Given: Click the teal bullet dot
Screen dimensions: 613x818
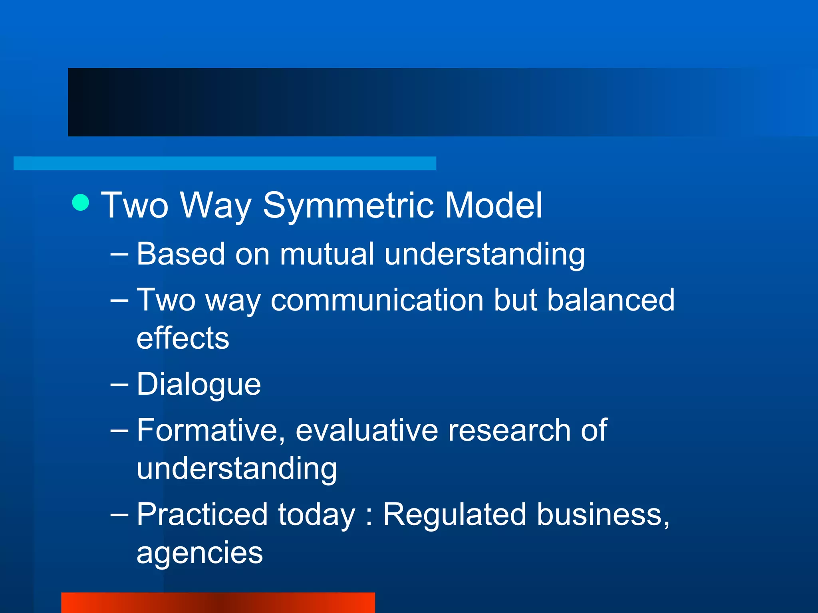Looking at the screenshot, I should click(81, 202).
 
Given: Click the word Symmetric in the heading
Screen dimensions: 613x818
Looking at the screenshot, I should click(348, 206).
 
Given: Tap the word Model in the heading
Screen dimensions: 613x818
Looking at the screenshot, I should click(493, 205).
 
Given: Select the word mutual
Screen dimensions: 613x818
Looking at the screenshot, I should click(327, 254).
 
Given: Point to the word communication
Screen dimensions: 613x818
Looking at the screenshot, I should click(377, 300).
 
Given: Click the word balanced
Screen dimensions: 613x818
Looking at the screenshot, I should click(611, 300).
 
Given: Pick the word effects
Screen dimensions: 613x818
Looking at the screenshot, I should click(183, 338).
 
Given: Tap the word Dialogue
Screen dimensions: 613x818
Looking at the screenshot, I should click(199, 384).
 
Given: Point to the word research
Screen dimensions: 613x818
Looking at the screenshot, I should click(509, 431).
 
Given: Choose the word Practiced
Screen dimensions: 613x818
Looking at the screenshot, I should click(202, 514).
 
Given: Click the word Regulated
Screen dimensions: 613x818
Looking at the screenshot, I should click(455, 514).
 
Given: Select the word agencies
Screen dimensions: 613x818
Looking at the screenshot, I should click(200, 553).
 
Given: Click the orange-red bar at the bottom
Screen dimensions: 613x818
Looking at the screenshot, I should click(218, 603).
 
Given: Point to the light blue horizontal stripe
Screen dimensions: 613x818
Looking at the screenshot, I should click(224, 163).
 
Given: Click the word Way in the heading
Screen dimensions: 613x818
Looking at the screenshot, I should click(216, 206).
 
